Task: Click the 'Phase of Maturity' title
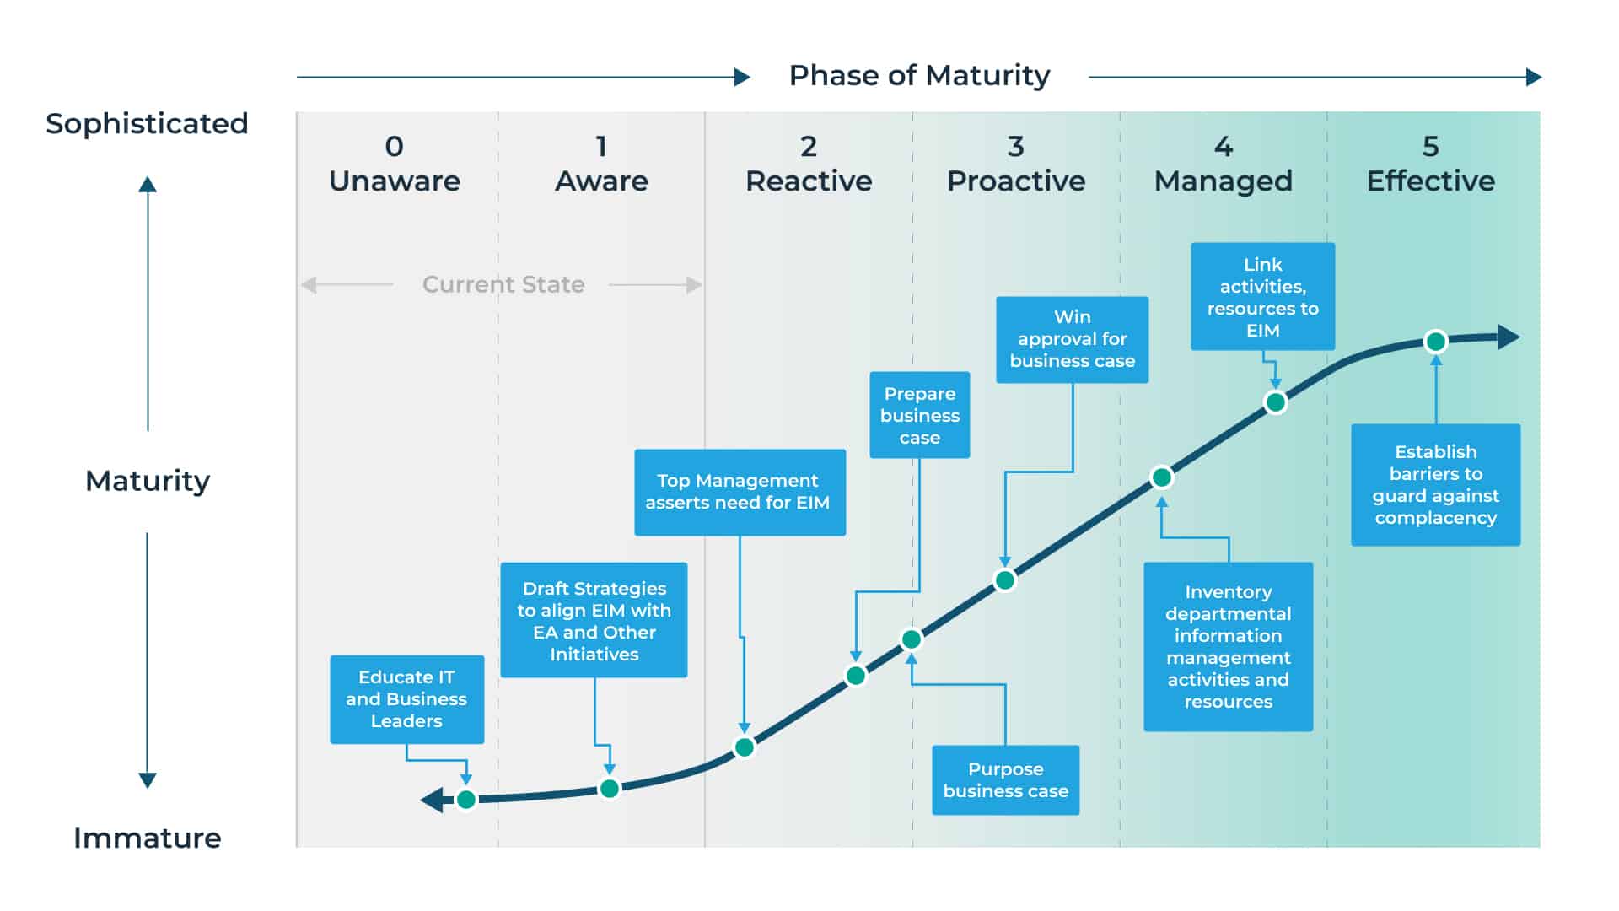point(919,76)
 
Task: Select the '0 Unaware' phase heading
point(394,164)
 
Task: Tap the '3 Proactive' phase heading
point(1015,164)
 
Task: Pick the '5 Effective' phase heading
point(1430,164)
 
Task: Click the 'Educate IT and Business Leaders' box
point(406,699)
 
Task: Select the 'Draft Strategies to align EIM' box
point(594,621)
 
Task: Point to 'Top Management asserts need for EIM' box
point(739,492)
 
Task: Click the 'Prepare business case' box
point(919,415)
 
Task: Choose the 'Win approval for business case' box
point(1072,339)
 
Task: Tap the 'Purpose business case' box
point(1005,780)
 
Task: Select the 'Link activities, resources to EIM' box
point(1262,297)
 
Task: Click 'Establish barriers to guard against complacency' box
point(1435,485)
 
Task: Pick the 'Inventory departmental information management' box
point(1228,647)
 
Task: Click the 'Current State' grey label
point(503,285)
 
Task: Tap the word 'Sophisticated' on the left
point(147,124)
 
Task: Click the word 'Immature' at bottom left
point(147,838)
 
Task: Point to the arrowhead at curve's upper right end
point(1509,337)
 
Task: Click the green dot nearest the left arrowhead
point(466,799)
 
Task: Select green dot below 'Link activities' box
point(1276,402)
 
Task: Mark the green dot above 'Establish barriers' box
point(1435,342)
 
